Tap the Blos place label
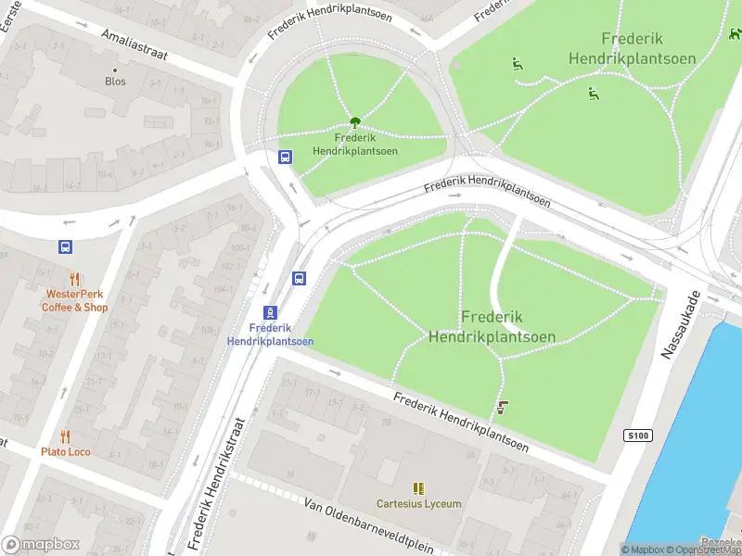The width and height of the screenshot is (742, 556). tap(115, 82)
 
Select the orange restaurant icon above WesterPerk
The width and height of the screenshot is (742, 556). tap(74, 279)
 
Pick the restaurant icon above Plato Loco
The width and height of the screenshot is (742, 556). tap(65, 436)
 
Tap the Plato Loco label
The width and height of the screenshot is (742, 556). tap(65, 452)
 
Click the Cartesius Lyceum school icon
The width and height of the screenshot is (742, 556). tap(418, 487)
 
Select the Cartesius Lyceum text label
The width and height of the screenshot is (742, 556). tap(418, 504)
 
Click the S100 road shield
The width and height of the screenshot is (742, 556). tap(637, 436)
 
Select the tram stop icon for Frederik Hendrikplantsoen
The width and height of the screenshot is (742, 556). tap(270, 312)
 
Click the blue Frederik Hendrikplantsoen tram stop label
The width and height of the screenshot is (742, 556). tap(270, 335)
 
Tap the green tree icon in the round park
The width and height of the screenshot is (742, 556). tap(354, 122)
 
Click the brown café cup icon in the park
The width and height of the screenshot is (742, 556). tap(503, 407)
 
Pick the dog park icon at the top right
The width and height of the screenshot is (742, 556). tap(735, 34)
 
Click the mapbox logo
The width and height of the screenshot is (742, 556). tap(41, 545)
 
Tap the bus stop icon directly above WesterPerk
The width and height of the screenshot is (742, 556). tap(65, 247)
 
